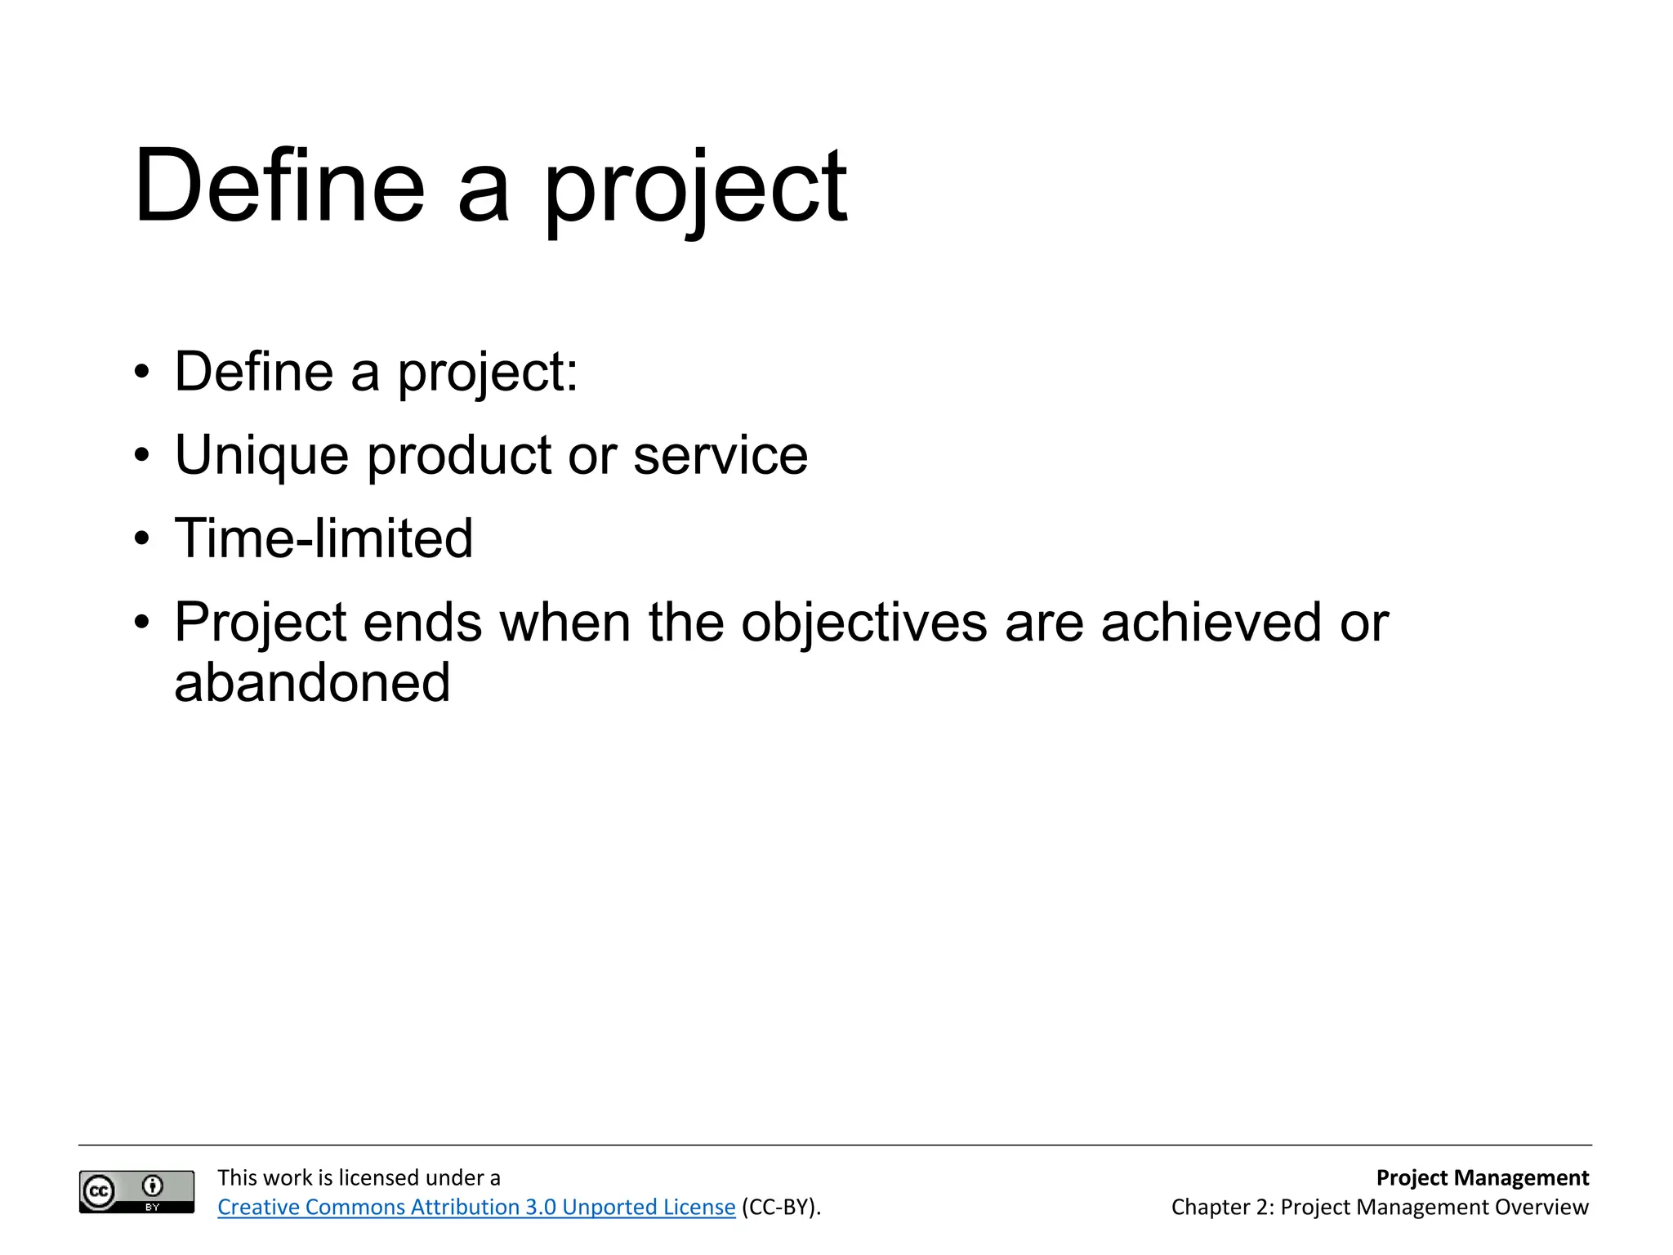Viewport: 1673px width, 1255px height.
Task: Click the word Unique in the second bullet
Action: tap(261, 456)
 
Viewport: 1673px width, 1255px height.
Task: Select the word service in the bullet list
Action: tap(721, 456)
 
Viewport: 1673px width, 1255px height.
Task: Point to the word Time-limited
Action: tap(323, 539)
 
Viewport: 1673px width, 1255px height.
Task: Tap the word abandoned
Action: tap(312, 684)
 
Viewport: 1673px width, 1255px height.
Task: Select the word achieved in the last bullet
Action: tap(1211, 623)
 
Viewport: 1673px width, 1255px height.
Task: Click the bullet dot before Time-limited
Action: tap(142, 539)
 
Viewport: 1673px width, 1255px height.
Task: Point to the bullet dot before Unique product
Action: tap(142, 455)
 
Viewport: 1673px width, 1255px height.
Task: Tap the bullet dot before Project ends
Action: tap(142, 623)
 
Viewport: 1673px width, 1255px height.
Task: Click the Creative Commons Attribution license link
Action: tap(476, 1207)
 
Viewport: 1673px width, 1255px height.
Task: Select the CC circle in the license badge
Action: tap(100, 1191)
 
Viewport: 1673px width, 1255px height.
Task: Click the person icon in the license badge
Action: tap(153, 1186)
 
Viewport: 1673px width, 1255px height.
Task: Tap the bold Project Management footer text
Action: tap(1482, 1177)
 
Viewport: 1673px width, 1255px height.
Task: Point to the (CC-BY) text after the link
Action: tap(780, 1207)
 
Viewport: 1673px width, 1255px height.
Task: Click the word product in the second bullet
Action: tap(459, 456)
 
